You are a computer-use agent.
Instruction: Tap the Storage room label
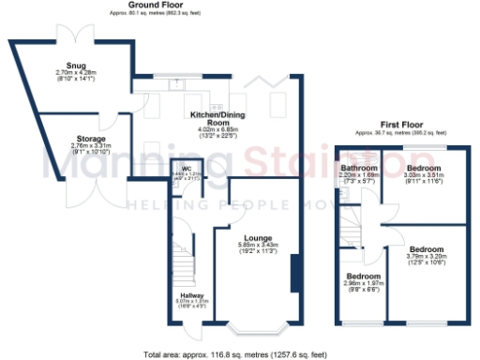click(92, 139)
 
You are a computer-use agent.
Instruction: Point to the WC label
click(187, 169)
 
